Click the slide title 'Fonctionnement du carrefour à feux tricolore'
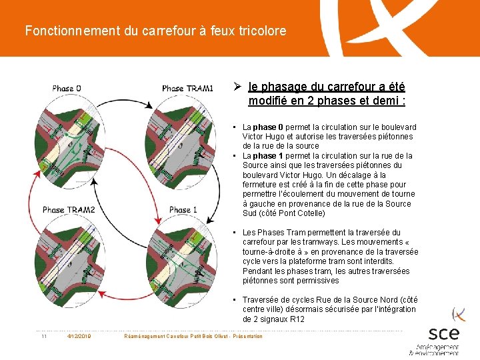(x=155, y=31)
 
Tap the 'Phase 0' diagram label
(x=67, y=88)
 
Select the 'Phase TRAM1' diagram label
(x=187, y=88)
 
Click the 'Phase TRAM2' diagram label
(x=69, y=209)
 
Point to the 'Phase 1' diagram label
(x=183, y=209)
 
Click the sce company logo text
(x=444, y=333)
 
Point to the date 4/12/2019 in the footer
(x=79, y=336)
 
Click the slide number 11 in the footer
(x=43, y=336)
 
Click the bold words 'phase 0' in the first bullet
(x=268, y=127)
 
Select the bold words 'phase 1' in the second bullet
(x=268, y=156)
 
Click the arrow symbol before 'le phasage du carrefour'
(x=237, y=87)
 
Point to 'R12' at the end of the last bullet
(x=297, y=319)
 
